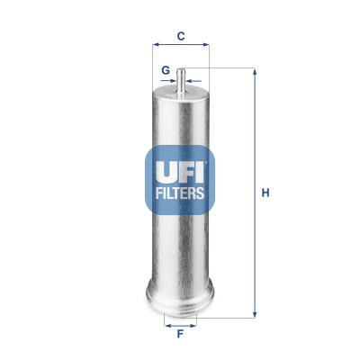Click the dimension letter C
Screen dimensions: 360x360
(x=181, y=36)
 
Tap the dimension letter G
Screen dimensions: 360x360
(x=165, y=69)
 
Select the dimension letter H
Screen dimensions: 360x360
(x=265, y=193)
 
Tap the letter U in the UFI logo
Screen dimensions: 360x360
(x=160, y=169)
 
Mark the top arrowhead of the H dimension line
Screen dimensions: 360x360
(x=254, y=71)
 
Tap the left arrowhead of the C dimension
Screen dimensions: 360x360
(x=155, y=45)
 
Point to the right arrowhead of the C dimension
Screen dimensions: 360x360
(x=206, y=45)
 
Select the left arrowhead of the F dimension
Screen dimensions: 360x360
(x=166, y=321)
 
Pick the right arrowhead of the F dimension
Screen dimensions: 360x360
(x=194, y=321)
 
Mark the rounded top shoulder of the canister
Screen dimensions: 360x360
(x=181, y=94)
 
